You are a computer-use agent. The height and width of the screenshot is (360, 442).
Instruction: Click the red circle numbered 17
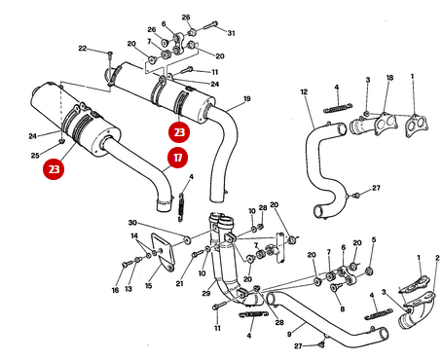pos(177,158)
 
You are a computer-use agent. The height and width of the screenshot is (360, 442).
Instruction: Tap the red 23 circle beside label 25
pos(54,169)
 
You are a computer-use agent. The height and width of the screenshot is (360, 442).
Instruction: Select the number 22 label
pos(83,49)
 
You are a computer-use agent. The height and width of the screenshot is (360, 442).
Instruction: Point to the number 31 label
pos(231,33)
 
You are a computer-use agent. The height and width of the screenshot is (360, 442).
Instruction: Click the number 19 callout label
pos(247,98)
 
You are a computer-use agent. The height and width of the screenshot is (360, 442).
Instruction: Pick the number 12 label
pos(304,91)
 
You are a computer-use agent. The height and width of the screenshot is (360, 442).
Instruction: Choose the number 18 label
pos(389,78)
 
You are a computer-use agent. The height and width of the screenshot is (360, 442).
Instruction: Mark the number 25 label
pos(35,156)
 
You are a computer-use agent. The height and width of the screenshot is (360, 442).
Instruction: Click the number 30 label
pos(132,223)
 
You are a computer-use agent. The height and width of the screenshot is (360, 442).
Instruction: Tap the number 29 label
pos(206,294)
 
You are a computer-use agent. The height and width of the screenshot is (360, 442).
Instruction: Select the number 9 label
pos(289,333)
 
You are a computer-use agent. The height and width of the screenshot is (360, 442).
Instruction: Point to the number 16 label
pos(115,290)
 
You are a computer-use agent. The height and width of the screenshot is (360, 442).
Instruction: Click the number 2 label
pos(437,258)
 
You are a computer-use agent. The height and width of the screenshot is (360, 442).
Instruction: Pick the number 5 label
pos(374,240)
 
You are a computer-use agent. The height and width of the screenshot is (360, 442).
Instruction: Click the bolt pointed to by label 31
pos(210,25)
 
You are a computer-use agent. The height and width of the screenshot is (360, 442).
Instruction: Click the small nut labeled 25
pos(61,141)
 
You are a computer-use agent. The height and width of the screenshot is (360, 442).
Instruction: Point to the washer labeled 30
pos(187,240)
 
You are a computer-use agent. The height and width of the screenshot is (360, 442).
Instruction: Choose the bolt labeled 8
pos(335,287)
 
